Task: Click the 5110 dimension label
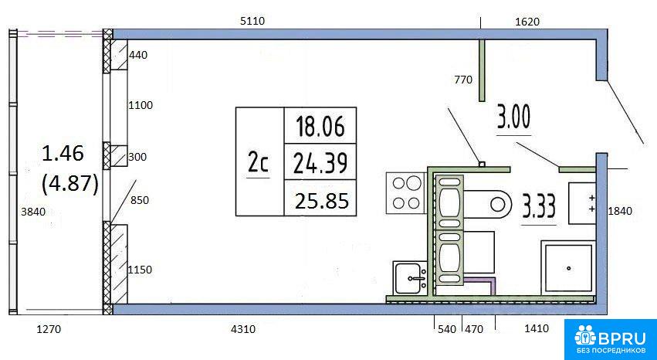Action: [252, 21]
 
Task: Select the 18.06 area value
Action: [320, 127]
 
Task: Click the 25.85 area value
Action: [322, 202]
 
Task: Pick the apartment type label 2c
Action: [258, 164]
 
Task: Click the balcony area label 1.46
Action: [63, 155]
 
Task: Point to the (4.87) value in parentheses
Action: [70, 184]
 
